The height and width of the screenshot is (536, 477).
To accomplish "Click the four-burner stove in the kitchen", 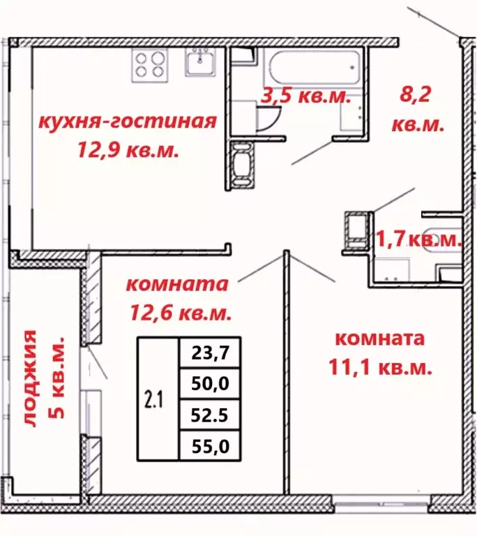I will [149, 64].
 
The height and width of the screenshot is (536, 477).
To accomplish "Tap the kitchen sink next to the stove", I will [201, 64].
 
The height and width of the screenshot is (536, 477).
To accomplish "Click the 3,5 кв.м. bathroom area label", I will [304, 97].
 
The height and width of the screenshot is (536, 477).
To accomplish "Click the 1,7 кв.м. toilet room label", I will [420, 239].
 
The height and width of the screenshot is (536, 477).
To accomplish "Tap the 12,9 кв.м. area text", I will [130, 149].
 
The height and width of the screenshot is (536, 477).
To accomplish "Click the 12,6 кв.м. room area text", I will [180, 312].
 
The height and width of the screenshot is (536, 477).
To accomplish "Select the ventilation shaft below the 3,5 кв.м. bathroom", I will [241, 165].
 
